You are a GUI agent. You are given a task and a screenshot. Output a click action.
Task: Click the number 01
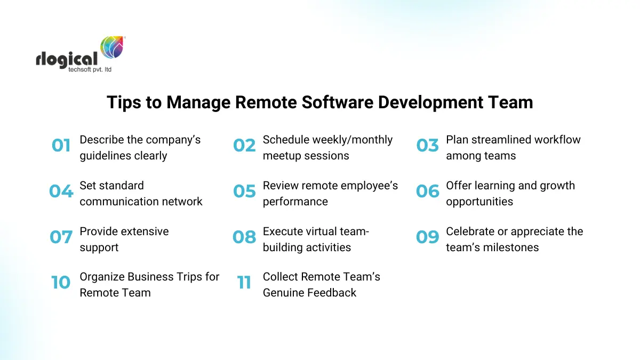pos(61,146)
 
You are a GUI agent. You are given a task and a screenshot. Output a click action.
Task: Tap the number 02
pos(244,146)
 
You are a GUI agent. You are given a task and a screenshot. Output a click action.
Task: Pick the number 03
pos(427,146)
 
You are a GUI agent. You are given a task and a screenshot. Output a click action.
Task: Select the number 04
pos(61,191)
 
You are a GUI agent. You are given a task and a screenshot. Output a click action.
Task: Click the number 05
pos(244,191)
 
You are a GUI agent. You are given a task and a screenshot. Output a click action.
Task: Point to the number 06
pos(427,191)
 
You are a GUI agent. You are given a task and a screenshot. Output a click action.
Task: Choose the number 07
pos(61,237)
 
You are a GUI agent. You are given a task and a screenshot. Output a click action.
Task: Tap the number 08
pos(244,237)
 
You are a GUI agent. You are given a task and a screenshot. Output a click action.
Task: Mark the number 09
pos(427,237)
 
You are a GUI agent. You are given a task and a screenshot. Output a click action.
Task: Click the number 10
pos(61,283)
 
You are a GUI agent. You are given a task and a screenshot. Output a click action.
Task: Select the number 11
pos(244,283)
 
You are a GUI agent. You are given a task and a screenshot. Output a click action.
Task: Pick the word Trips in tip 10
pos(185,276)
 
